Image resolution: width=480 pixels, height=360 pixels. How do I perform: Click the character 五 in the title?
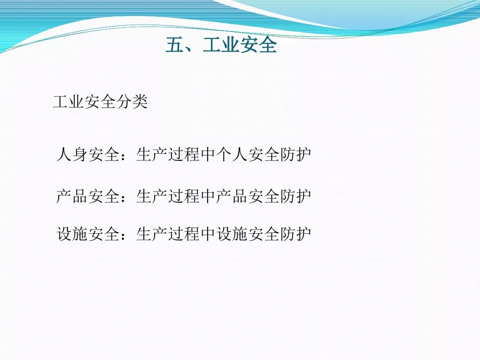point(175,45)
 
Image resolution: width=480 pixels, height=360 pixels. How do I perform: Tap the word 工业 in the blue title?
point(221,45)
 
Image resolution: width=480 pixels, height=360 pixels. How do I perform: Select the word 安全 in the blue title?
point(258,45)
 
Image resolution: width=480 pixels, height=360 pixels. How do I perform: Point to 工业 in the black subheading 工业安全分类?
point(68,102)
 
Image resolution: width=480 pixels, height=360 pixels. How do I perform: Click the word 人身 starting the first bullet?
point(72,154)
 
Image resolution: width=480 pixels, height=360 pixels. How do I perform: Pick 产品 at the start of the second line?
point(72,196)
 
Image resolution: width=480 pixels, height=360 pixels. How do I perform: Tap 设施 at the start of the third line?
point(72,234)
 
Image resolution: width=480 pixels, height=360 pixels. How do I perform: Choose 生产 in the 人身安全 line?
point(152,154)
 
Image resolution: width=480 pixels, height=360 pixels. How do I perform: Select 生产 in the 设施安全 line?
point(152,234)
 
